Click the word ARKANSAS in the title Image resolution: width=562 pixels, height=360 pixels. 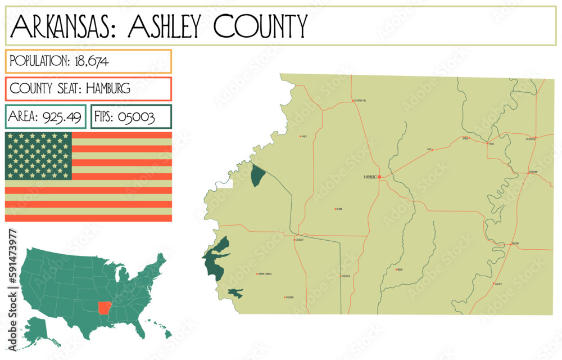click(61, 26)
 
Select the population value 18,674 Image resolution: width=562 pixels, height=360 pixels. click(92, 61)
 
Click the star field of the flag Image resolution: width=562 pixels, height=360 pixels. click(38, 156)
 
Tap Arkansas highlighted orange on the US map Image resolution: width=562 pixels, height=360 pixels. click(104, 308)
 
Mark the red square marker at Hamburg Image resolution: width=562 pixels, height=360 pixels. click(379, 177)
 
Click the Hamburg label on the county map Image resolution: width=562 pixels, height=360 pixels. click(370, 177)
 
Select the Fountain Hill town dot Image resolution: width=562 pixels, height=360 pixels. click(353, 101)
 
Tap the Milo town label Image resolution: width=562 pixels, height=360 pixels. click(304, 136)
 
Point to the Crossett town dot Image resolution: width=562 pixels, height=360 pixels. click(294, 240)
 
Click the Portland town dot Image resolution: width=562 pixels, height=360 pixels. click(529, 172)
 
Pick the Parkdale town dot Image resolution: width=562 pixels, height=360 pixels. click(510, 244)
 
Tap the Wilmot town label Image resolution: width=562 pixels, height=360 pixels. click(498, 284)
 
